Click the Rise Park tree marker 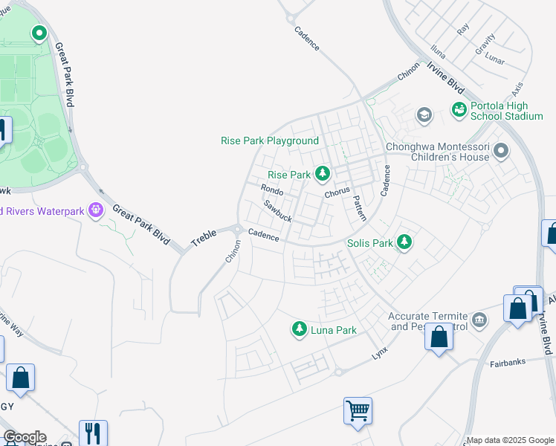322,174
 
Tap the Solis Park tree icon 404,242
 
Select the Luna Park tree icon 300,329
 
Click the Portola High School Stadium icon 459,109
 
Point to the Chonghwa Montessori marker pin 501,152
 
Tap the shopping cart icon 358,410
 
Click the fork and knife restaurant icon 93,433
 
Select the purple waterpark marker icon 95,211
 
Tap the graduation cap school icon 424,114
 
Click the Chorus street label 336,193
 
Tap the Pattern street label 359,208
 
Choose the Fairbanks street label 508,364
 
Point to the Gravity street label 484,43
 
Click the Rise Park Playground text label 270,140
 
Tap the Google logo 25,437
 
